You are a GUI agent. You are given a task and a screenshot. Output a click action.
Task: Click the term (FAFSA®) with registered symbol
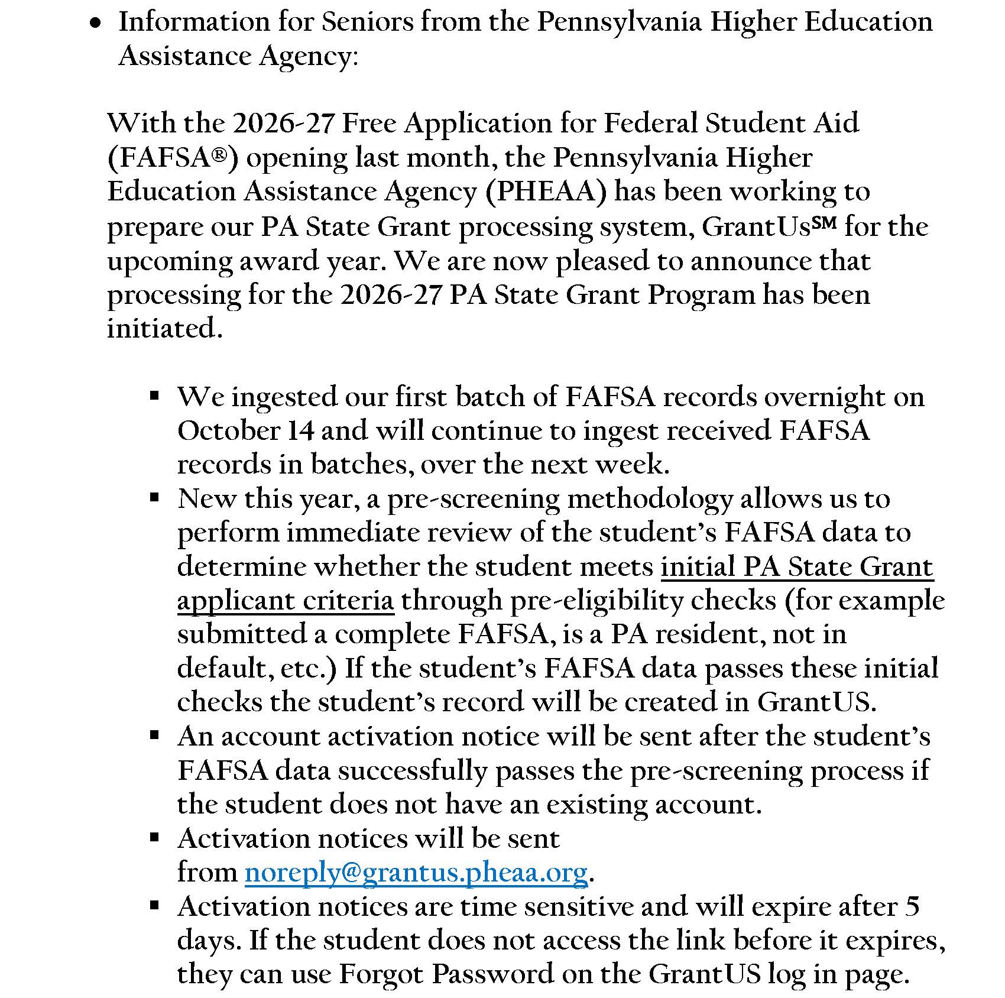coord(173,158)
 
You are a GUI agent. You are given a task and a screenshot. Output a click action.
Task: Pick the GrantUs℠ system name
coord(769,226)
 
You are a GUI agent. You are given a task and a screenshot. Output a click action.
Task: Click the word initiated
coord(165,328)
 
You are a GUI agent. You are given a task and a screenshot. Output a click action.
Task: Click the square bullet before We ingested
coord(155,396)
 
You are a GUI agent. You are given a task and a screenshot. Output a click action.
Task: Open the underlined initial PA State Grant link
coord(796,566)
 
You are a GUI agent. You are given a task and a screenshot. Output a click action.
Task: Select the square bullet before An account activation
coord(155,735)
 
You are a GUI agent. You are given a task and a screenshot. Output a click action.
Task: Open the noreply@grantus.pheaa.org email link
coord(416,872)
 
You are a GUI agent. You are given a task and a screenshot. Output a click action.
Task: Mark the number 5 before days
coord(912,906)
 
